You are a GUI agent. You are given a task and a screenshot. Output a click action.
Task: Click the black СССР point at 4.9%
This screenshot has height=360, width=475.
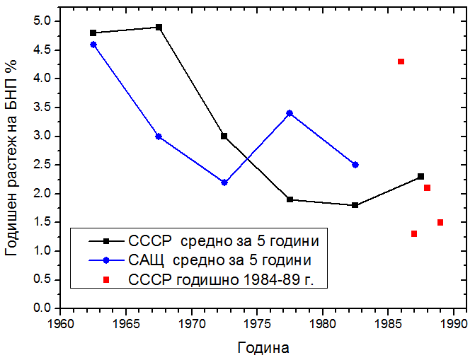(159, 27)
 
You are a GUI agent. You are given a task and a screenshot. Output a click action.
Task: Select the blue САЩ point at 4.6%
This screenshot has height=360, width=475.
(93, 45)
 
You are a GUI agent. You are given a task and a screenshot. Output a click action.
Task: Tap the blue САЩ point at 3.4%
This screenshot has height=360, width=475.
(290, 113)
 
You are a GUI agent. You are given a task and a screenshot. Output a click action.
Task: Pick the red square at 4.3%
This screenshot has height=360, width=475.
(401, 62)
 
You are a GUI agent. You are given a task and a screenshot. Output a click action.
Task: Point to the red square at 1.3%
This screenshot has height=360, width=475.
(414, 233)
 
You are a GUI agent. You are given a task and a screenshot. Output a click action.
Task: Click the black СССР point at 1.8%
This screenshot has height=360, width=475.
(355, 205)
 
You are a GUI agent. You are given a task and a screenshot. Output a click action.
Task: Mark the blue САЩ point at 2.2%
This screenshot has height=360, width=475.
(224, 182)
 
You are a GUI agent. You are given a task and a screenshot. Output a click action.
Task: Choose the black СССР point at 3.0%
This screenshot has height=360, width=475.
(224, 136)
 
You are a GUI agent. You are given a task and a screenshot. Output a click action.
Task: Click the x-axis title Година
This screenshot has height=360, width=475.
(263, 348)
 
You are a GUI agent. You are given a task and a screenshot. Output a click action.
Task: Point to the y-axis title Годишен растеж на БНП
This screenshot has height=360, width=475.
(11, 156)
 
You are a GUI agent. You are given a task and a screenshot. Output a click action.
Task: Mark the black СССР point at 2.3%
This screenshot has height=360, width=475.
(421, 176)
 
